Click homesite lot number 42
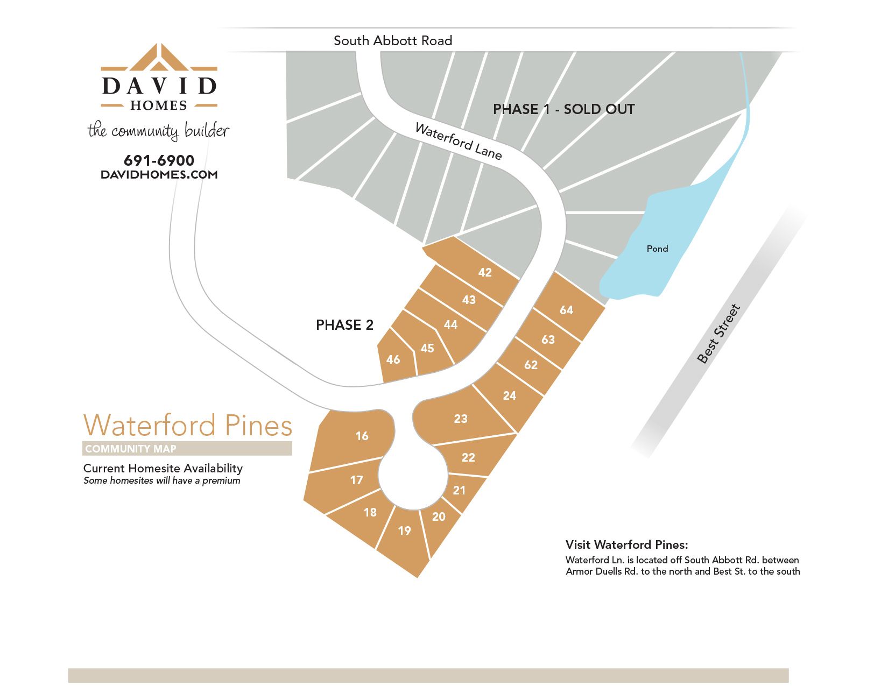tap(485, 272)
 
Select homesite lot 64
tap(566, 310)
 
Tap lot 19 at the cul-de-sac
tap(404, 531)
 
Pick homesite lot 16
tap(362, 436)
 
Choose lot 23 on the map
tap(461, 419)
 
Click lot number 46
tap(393, 359)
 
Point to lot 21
tap(459, 490)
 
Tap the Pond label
tap(657, 249)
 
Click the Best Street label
tap(718, 334)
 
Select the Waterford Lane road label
tap(458, 142)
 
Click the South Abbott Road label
tap(392, 41)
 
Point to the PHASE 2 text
tap(344, 325)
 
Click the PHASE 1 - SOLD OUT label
tap(563, 109)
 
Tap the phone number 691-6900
tap(159, 160)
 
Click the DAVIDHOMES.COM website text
tap(159, 174)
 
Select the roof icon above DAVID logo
tap(159, 58)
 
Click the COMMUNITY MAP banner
tap(187, 449)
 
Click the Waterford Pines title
tap(188, 425)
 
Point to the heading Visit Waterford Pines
tap(626, 544)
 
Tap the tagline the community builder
tap(158, 131)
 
